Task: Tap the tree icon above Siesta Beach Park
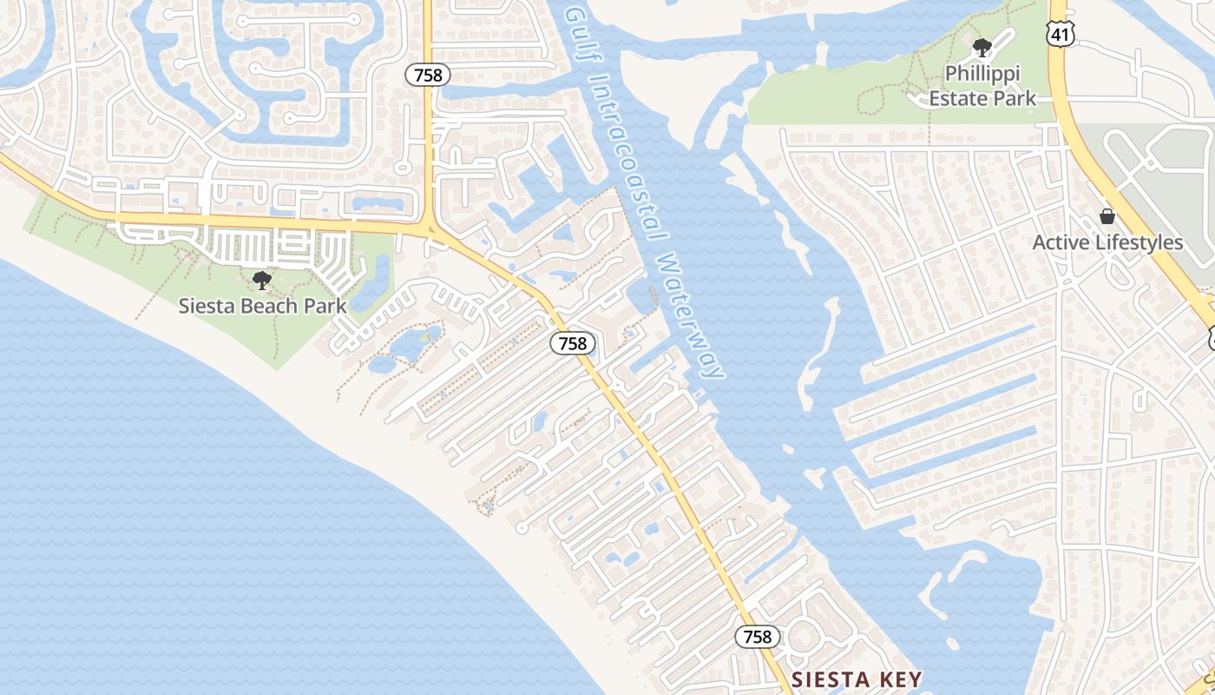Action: coord(261,281)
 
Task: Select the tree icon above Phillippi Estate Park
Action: coord(982,48)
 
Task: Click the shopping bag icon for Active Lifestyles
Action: coord(1107,216)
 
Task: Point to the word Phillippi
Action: coord(982,74)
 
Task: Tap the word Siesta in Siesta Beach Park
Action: coord(203,306)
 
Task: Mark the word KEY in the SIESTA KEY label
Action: coord(898,678)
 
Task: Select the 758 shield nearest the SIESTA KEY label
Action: coord(758,637)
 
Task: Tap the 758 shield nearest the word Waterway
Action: coord(573,344)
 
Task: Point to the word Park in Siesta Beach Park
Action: coord(325,306)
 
